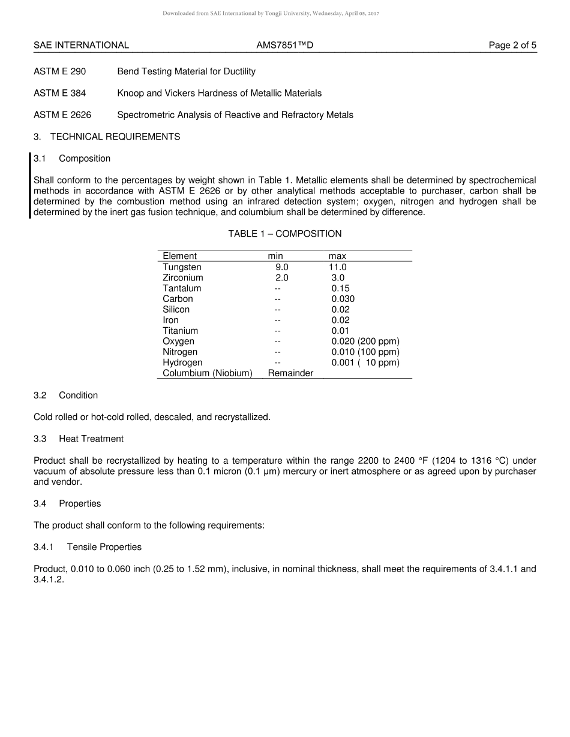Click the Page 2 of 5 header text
tap(512, 45)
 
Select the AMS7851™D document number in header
tap(284, 45)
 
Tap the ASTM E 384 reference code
tap(59, 93)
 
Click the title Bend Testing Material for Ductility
tap(186, 71)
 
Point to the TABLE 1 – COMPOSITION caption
tap(284, 234)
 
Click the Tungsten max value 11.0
tap(337, 267)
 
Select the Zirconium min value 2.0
tap(282, 278)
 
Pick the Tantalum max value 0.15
tap(340, 288)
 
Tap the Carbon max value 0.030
tap(343, 299)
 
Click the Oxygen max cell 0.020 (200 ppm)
tap(365, 342)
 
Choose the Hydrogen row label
tap(182, 363)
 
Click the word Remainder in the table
tap(290, 373)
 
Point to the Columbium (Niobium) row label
tap(207, 373)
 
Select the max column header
tap(337, 256)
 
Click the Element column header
tap(179, 256)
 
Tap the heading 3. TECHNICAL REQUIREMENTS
tap(107, 137)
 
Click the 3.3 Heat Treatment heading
tap(79, 439)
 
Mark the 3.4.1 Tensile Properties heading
tap(88, 547)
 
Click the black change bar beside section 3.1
tap(30, 186)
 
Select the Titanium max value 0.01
tap(340, 331)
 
